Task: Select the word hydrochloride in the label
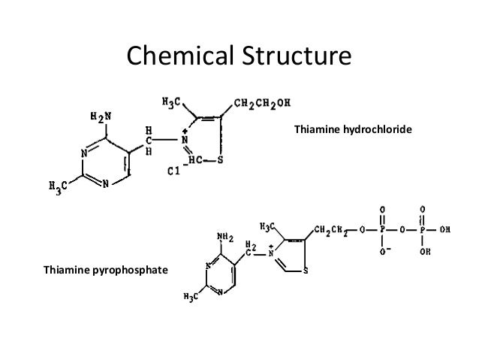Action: (382, 131)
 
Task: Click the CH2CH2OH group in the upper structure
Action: (263, 103)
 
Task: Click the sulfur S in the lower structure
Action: (304, 271)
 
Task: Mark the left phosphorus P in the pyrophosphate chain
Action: (383, 230)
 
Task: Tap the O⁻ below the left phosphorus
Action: (383, 252)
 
